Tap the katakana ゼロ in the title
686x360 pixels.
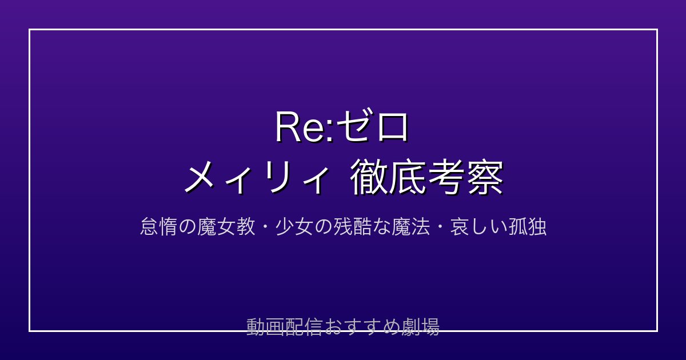coord(372,126)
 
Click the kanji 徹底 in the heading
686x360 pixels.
coord(389,178)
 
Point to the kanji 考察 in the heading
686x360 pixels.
coord(465,178)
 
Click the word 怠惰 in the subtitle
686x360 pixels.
coord(158,227)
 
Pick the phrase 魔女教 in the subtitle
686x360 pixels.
coord(226,227)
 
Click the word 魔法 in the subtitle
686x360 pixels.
coord(410,227)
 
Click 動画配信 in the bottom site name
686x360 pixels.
coord(284,327)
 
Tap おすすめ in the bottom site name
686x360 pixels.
coord(361,327)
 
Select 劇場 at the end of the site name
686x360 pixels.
coord(420,327)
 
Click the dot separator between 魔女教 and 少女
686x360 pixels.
coord(265,227)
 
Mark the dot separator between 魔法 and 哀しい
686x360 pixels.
coord(440,227)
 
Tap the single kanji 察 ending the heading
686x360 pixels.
coord(485,178)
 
